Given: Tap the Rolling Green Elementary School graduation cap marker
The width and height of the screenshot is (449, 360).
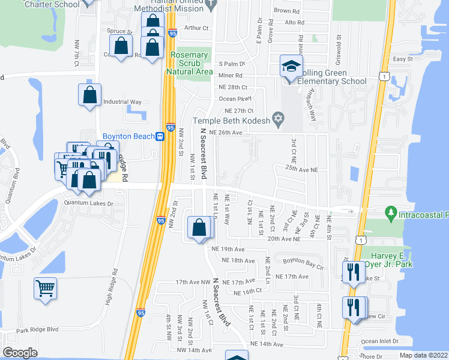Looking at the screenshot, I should [x=291, y=66].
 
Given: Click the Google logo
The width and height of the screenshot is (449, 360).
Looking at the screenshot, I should [x=20, y=353].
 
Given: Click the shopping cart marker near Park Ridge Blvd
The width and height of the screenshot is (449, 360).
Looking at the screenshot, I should [x=46, y=289].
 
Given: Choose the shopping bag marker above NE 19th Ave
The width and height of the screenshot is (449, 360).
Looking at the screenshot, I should [x=199, y=227].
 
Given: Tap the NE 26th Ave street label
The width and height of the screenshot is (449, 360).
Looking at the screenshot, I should [x=224, y=132].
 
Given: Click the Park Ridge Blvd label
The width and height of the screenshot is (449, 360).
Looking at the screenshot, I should [x=37, y=329].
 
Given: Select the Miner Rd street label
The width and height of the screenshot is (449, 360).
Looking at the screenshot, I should [x=230, y=76].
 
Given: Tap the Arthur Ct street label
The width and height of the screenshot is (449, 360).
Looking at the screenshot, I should [x=196, y=28].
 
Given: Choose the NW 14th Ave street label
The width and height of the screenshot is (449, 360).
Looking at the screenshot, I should [x=194, y=349].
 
